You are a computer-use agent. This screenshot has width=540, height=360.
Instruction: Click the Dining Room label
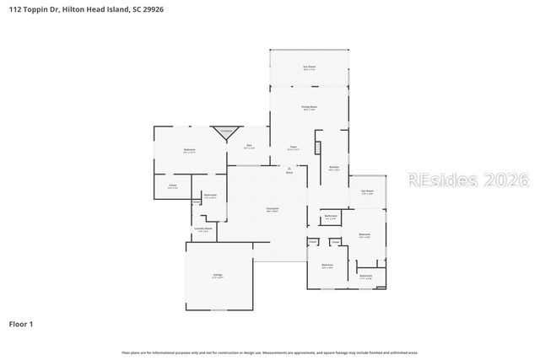coord(309,107)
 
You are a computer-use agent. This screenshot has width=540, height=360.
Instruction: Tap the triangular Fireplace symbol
coord(224,132)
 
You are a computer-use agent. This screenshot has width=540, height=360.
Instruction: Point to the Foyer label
coord(294,148)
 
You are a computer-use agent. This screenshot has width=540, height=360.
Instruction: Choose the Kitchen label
coord(334,168)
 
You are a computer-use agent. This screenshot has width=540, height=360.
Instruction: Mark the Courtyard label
coord(273,210)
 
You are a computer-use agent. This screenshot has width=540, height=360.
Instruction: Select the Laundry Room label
coord(202,228)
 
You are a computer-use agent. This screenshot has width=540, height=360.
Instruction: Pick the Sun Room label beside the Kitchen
coord(367,192)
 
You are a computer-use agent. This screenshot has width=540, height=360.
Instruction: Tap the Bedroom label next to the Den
coord(189,150)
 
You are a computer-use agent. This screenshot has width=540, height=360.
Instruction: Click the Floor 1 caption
coord(21,323)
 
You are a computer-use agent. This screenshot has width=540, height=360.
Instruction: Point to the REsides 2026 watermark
coord(467,180)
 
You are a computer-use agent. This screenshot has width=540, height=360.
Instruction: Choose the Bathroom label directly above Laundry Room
coord(209,196)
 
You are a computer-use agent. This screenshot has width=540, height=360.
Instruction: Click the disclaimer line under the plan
coord(269,352)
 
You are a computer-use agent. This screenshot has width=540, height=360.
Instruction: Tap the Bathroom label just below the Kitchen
coord(331,217)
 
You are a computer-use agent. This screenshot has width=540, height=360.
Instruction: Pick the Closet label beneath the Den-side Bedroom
coord(172,186)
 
